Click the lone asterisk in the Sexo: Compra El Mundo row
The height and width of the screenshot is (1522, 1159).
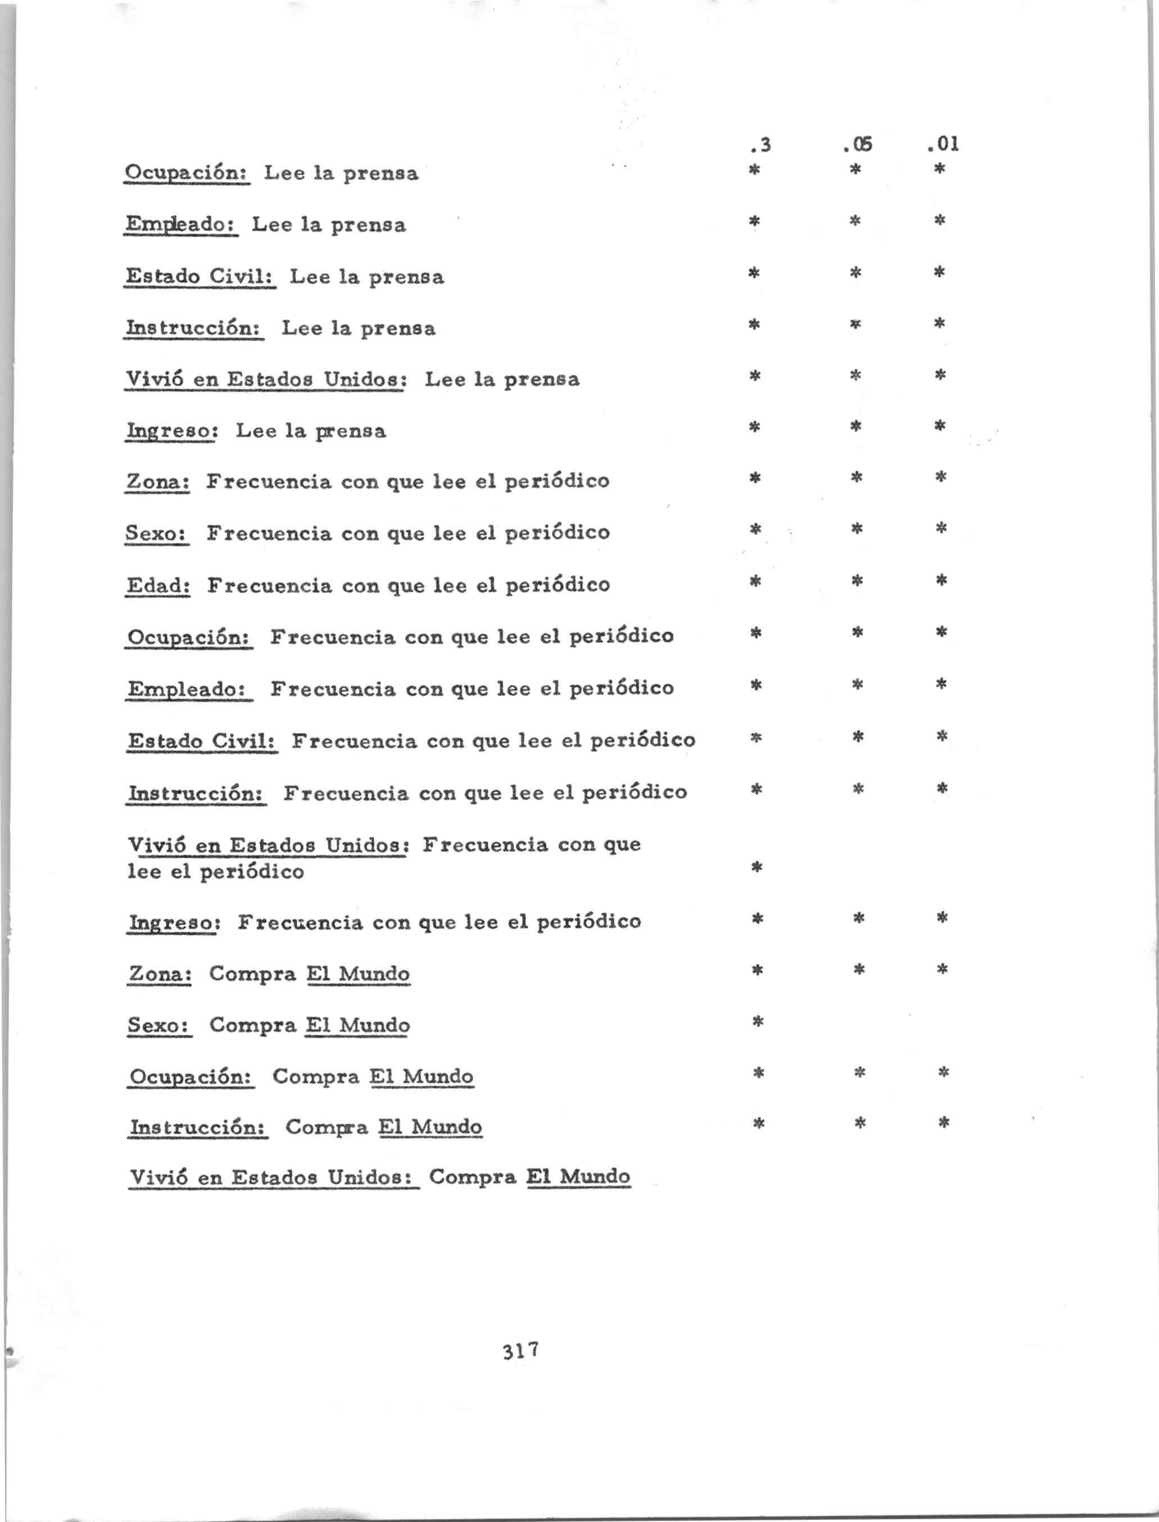[757, 1021]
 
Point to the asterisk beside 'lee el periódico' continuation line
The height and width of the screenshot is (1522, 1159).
[757, 867]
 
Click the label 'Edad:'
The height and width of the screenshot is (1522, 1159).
[158, 585]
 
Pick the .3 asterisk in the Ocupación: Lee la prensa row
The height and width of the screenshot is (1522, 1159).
[755, 169]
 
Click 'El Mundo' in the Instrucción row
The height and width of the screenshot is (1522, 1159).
[430, 1127]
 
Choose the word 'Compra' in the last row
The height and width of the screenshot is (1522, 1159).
[473, 1176]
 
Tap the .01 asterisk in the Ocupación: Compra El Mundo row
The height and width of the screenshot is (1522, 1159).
[943, 1072]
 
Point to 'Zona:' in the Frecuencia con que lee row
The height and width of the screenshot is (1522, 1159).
[157, 481]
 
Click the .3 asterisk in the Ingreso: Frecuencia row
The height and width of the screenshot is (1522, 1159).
[757, 918]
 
